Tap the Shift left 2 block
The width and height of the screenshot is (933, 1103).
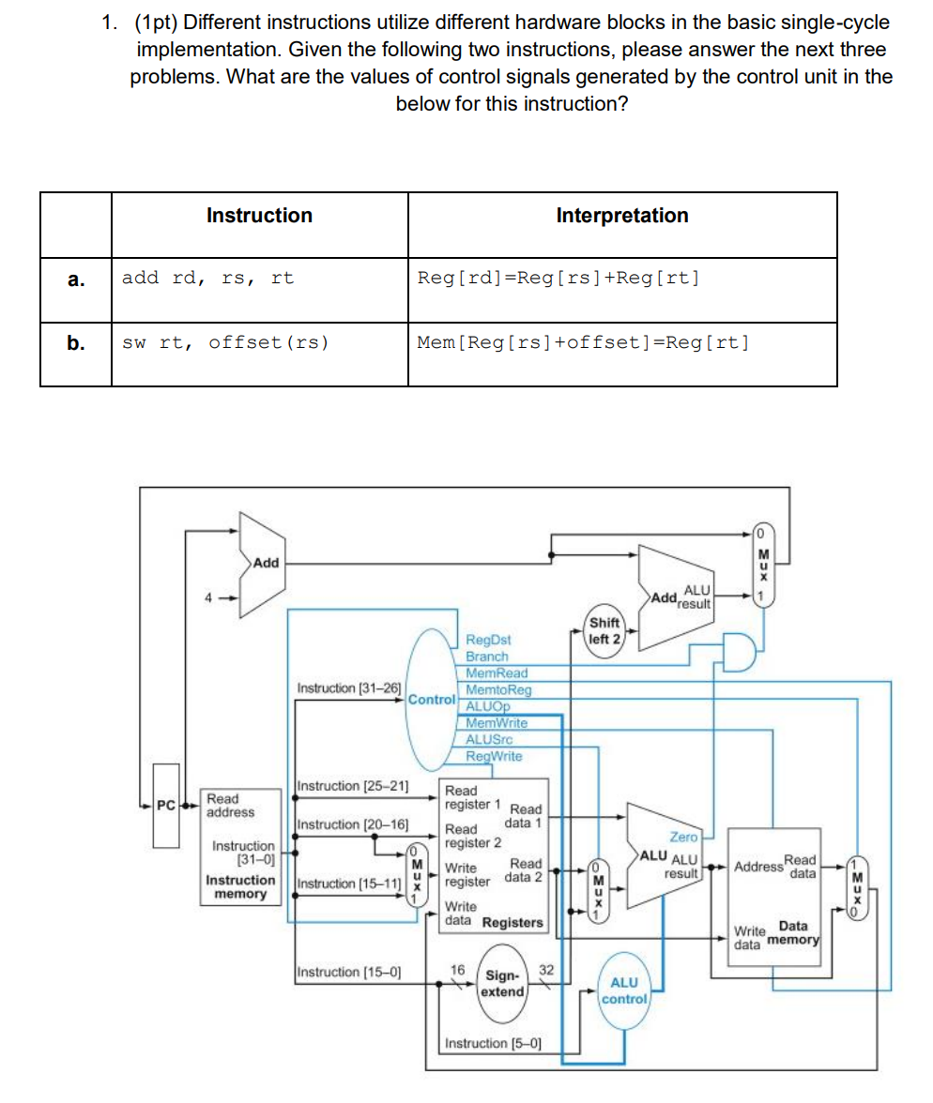[x=605, y=630]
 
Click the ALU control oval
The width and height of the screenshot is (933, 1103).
[x=624, y=990]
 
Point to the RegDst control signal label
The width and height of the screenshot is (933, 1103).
[x=488, y=640]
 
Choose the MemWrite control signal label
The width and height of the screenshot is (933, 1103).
[x=497, y=723]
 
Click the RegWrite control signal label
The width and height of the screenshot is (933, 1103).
[x=494, y=756]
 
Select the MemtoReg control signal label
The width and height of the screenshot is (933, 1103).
[x=498, y=689]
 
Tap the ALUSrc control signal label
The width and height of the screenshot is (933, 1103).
[x=489, y=739]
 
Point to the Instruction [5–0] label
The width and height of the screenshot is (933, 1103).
[x=487, y=1043]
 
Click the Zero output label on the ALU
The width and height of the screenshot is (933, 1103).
[x=683, y=837]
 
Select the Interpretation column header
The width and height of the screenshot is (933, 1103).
[x=621, y=216]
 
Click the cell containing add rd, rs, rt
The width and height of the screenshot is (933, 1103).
[x=207, y=278]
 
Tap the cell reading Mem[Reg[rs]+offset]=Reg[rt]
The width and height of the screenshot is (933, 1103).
[x=583, y=342]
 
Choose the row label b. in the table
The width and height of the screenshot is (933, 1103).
[x=75, y=342]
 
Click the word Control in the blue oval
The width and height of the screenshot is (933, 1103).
[x=430, y=699]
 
